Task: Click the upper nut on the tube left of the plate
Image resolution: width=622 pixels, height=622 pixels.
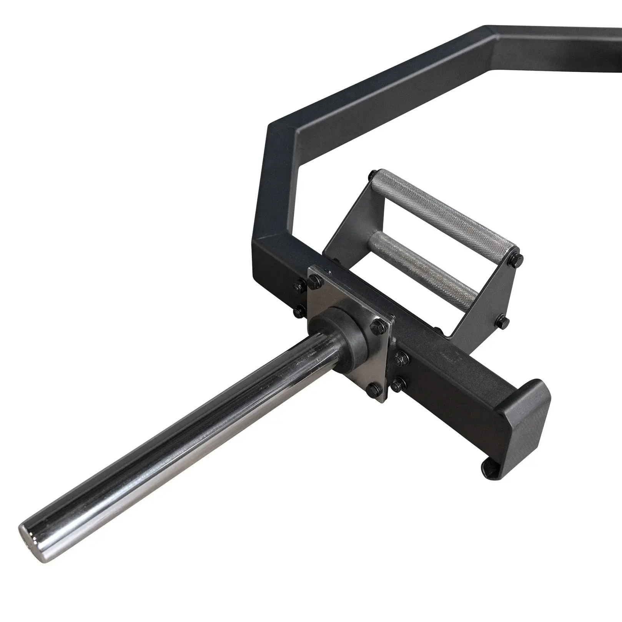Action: coord(299,285)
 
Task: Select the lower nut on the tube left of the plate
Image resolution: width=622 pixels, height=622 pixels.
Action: coord(298,308)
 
